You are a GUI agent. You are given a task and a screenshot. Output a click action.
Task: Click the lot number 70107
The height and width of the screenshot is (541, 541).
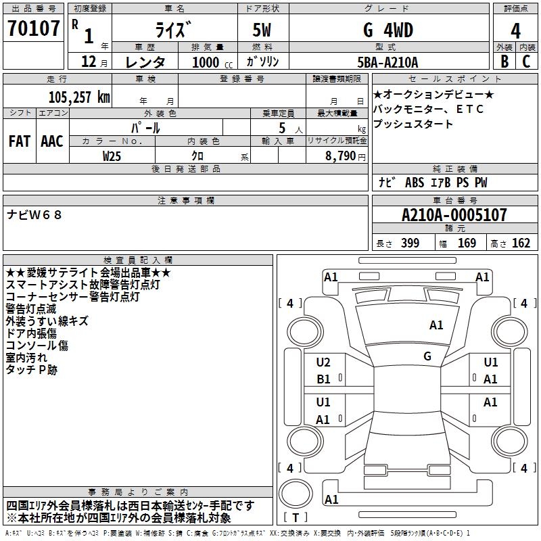tap(32, 30)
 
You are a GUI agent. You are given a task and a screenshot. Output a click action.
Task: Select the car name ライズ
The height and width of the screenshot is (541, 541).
tap(172, 30)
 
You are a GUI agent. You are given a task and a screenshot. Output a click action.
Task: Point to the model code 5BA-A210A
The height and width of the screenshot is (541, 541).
tap(387, 62)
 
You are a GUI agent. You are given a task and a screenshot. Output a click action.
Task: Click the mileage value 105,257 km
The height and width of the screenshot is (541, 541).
tap(79, 97)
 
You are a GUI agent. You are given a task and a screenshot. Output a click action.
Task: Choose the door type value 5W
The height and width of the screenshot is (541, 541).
tap(263, 30)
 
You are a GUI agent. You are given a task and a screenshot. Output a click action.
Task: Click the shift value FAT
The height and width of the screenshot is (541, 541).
tap(19, 141)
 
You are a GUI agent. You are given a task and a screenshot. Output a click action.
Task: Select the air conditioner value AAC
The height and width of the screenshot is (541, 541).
tap(52, 141)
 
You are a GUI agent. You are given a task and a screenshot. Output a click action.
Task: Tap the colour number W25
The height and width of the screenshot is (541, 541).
tap(112, 156)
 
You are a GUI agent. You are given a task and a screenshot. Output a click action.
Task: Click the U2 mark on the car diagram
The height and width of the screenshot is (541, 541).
tap(323, 362)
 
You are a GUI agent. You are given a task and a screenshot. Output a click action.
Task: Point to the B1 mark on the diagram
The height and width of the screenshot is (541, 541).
tap(323, 379)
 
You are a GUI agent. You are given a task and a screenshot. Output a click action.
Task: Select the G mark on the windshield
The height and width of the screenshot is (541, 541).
tap(427, 356)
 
